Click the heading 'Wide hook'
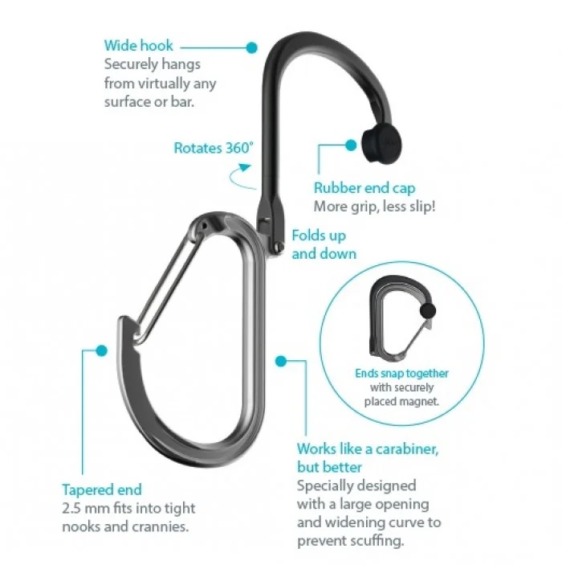[137, 46]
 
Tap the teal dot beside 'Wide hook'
[251, 47]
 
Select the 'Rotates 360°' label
[214, 148]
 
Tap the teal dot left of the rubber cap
[351, 145]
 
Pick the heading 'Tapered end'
[102, 489]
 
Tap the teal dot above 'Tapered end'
[101, 350]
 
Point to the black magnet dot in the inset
[428, 310]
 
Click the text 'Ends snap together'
[401, 374]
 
